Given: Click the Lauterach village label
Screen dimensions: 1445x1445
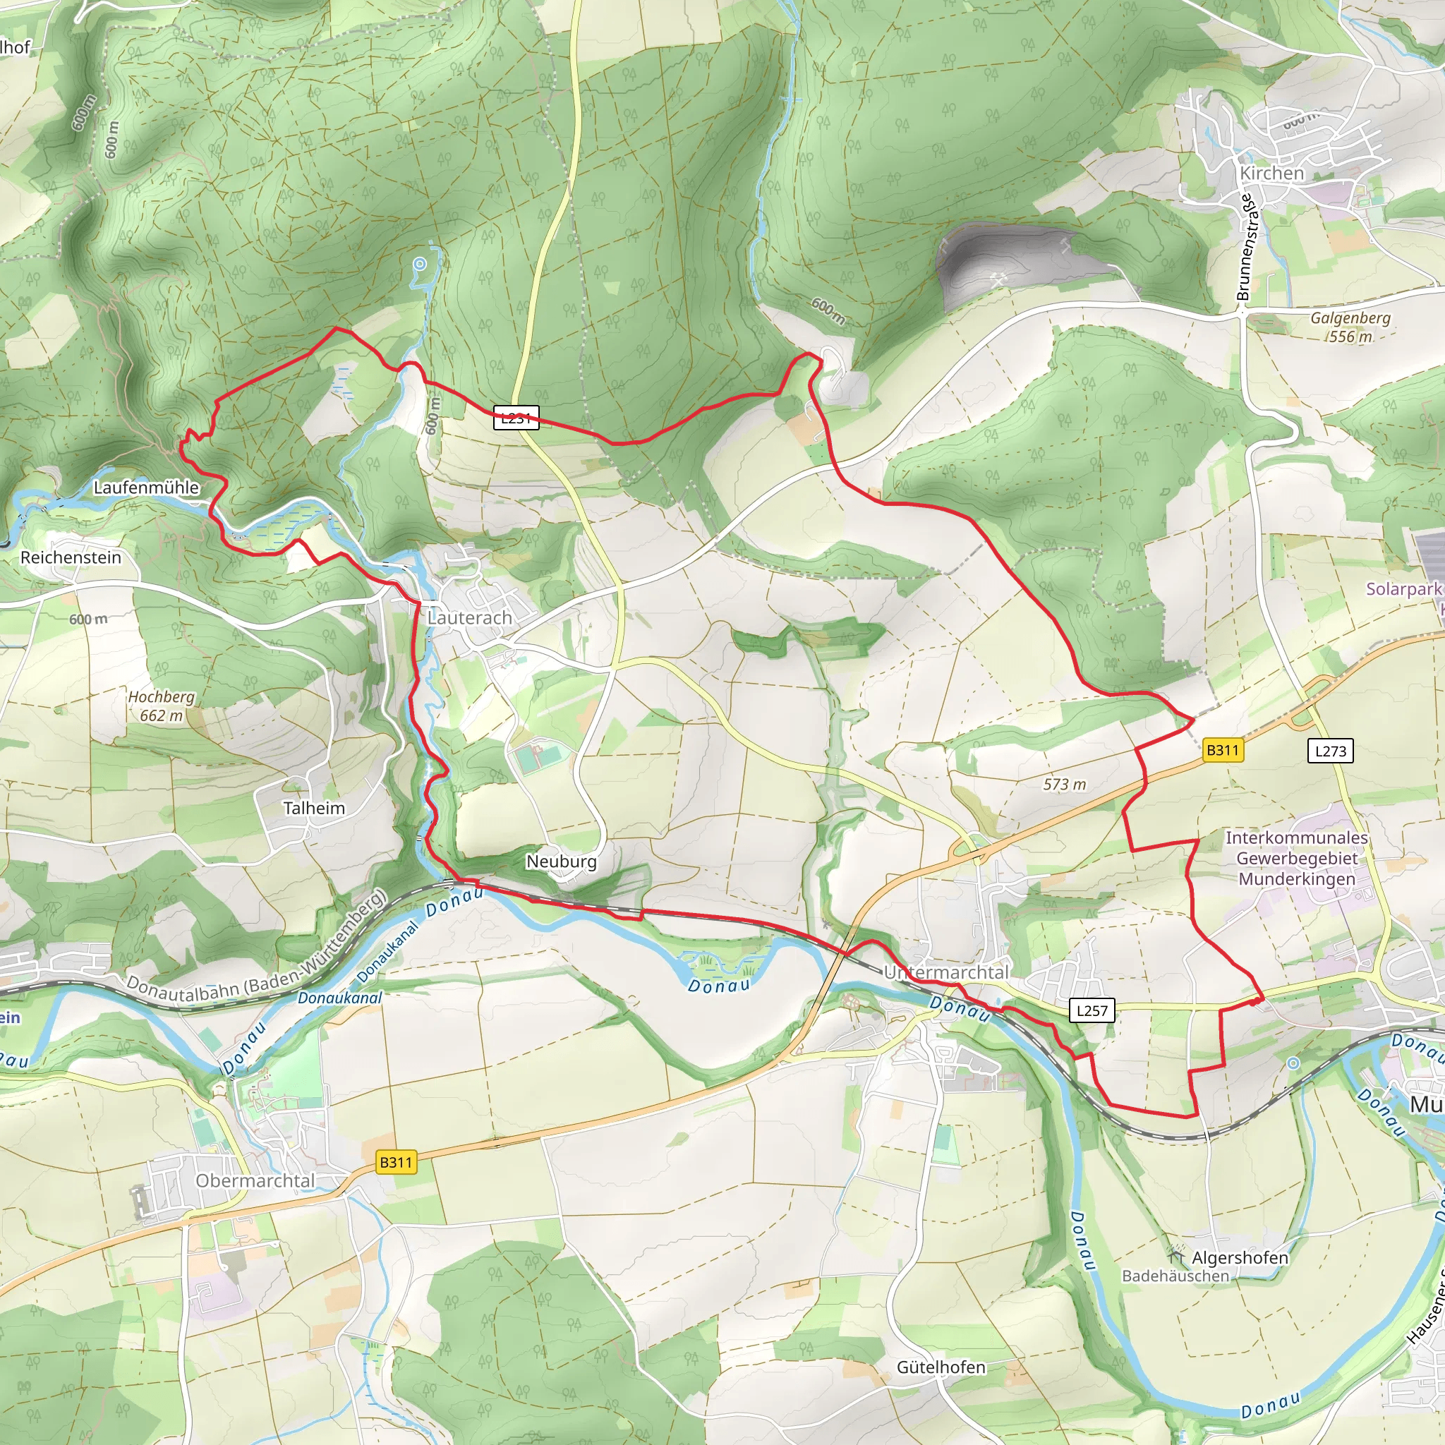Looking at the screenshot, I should pyautogui.click(x=470, y=618).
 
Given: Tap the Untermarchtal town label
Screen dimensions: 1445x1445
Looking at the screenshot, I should pyautogui.click(x=946, y=972).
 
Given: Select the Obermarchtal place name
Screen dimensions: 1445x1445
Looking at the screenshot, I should pyautogui.click(x=255, y=1180).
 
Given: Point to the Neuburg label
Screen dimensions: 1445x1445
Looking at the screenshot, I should pyautogui.click(x=562, y=861).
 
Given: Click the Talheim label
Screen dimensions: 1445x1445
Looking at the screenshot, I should pyautogui.click(x=314, y=808).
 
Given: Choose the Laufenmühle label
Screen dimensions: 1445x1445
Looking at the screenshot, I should pyautogui.click(x=146, y=488).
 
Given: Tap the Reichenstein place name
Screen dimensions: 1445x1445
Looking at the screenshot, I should pyautogui.click(x=71, y=557).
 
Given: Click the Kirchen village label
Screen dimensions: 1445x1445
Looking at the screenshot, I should pyautogui.click(x=1271, y=173).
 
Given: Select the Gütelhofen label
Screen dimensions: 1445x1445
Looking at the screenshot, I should pyautogui.click(x=941, y=1367).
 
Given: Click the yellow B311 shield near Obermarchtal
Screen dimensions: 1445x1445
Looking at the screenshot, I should pyautogui.click(x=396, y=1161).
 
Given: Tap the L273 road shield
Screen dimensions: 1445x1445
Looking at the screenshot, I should pyautogui.click(x=1330, y=750).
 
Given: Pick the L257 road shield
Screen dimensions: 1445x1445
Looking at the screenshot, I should pyautogui.click(x=1092, y=1010).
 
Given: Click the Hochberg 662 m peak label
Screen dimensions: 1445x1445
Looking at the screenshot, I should pyautogui.click(x=162, y=706).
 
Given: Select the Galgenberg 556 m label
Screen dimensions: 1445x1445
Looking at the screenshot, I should pyautogui.click(x=1350, y=327).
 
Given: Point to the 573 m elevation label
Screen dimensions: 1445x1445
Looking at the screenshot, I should pyautogui.click(x=1064, y=784).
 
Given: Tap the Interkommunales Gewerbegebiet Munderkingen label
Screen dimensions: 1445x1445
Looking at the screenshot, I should pyautogui.click(x=1296, y=858).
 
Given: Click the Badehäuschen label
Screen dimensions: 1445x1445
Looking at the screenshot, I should pyautogui.click(x=1175, y=1276).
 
